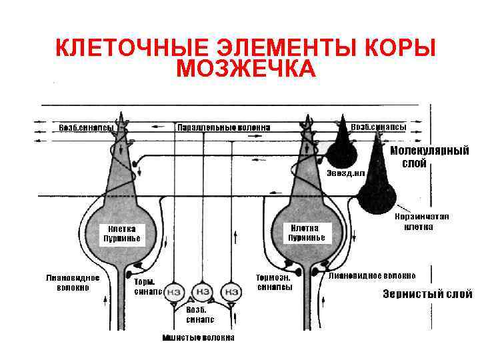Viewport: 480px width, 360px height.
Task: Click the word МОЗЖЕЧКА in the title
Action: pos(246,68)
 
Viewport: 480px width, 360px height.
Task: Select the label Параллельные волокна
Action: pos(224,127)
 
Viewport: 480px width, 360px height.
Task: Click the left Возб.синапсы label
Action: pos(87,127)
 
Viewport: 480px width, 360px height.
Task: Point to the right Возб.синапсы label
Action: pos(379,126)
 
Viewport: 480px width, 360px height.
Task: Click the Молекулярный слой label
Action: pos(429,157)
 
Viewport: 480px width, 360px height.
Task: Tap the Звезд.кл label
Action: pos(345,173)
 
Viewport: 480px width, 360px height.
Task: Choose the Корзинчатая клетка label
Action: pos(422,221)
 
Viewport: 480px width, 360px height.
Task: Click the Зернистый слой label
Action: pos(427,294)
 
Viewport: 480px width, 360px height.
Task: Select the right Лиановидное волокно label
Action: pos(372,275)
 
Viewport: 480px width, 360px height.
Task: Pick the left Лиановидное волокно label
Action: pos(73,283)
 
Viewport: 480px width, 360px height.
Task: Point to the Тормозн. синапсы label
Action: pos(275,282)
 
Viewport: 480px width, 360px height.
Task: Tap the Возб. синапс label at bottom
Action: pos(196,314)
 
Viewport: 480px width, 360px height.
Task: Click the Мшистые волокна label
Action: pos(198,337)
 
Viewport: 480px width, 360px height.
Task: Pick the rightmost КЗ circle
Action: pos(231,291)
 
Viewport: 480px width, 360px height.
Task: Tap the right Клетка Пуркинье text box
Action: pos(307,233)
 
